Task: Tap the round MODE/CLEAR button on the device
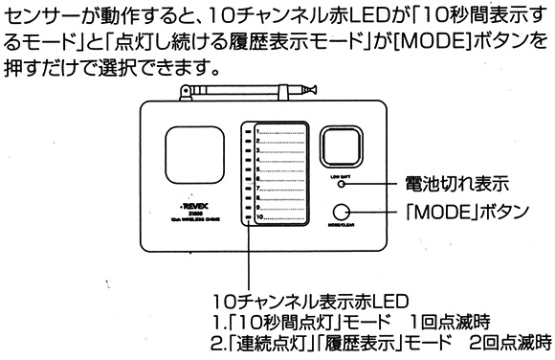tap(343, 214)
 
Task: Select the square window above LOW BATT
tap(343, 149)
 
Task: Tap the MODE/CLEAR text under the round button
tap(343, 230)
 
